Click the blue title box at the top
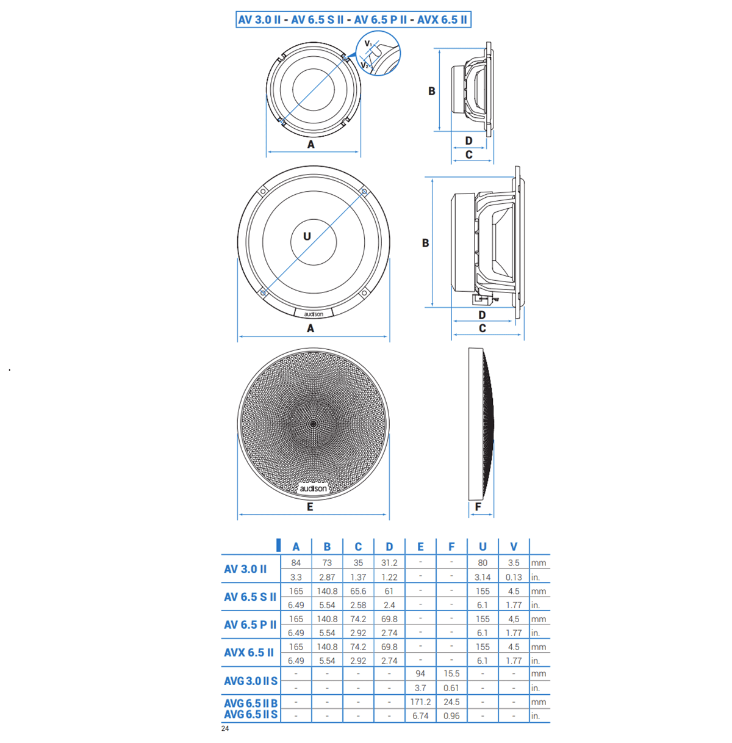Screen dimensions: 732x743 353,20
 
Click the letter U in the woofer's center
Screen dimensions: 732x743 307,236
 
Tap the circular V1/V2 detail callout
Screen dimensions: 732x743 378,53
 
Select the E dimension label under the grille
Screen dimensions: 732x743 310,507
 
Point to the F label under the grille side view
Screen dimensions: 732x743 478,507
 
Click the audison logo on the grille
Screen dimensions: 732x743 313,488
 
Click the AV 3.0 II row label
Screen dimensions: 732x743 245,569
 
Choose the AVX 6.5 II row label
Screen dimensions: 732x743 249,653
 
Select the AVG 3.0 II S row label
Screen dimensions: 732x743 251,681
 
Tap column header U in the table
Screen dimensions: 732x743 483,547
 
